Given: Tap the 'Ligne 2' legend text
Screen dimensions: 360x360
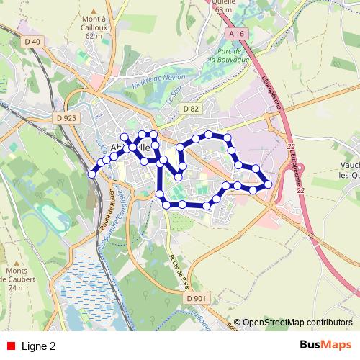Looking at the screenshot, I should click(39, 346).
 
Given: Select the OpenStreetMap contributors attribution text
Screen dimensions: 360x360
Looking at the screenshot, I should click(297, 323).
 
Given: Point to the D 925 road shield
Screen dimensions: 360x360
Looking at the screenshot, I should click(66, 117).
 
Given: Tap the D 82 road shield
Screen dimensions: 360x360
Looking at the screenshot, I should click(190, 109).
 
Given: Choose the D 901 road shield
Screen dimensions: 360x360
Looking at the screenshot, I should click(195, 299).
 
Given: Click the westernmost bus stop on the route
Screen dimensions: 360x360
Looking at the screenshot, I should click(91, 173).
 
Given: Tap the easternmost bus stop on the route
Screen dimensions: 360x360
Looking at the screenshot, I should click(269, 184).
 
